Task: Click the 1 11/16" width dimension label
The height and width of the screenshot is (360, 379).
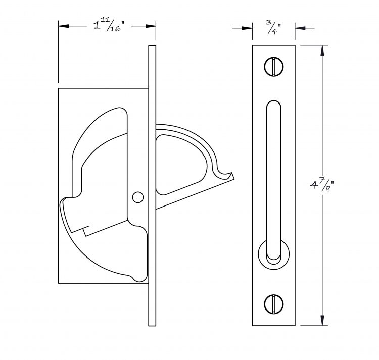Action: (x=109, y=26)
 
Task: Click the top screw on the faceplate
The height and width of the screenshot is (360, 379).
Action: (x=273, y=67)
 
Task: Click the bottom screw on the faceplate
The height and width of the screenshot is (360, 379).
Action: (x=273, y=304)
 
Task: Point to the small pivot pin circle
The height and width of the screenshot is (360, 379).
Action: (x=138, y=197)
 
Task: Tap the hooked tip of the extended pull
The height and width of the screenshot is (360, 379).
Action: (x=229, y=176)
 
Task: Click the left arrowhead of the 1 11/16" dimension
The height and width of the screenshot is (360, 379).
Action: (x=64, y=26)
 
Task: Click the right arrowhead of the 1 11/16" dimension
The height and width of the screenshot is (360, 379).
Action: (x=151, y=26)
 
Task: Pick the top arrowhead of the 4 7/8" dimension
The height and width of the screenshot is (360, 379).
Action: (x=322, y=50)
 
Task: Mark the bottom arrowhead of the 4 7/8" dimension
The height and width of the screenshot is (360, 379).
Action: (x=322, y=320)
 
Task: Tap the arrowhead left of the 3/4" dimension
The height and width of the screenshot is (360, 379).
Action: (x=247, y=28)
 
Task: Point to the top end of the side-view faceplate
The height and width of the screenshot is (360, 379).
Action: (x=152, y=46)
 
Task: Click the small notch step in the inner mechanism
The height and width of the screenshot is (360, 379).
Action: (x=86, y=230)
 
